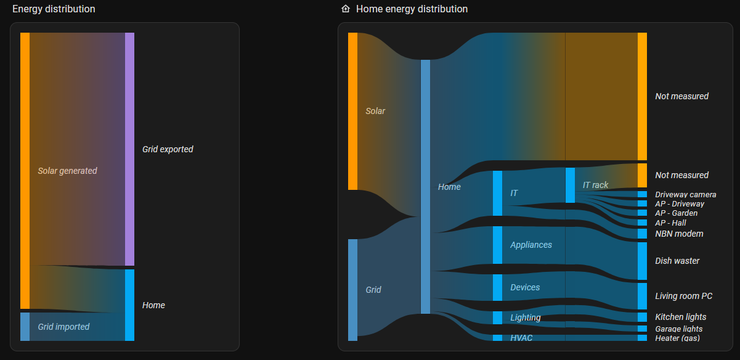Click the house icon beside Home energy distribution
point(346,9)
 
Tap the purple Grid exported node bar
point(129,149)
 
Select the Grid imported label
point(63,327)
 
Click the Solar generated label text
point(67,171)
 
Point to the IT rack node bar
point(570,185)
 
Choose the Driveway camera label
point(686,194)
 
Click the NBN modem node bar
point(642,234)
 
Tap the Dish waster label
point(677,261)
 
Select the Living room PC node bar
point(642,296)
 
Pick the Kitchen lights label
point(680,317)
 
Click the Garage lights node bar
point(642,329)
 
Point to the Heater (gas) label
point(677,338)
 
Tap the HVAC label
point(521,338)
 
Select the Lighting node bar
point(497,317)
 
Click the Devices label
point(525,287)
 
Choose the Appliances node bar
point(497,245)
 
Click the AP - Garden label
point(677,213)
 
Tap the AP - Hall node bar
point(642,223)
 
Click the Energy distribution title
point(54,9)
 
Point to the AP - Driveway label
point(680,203)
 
